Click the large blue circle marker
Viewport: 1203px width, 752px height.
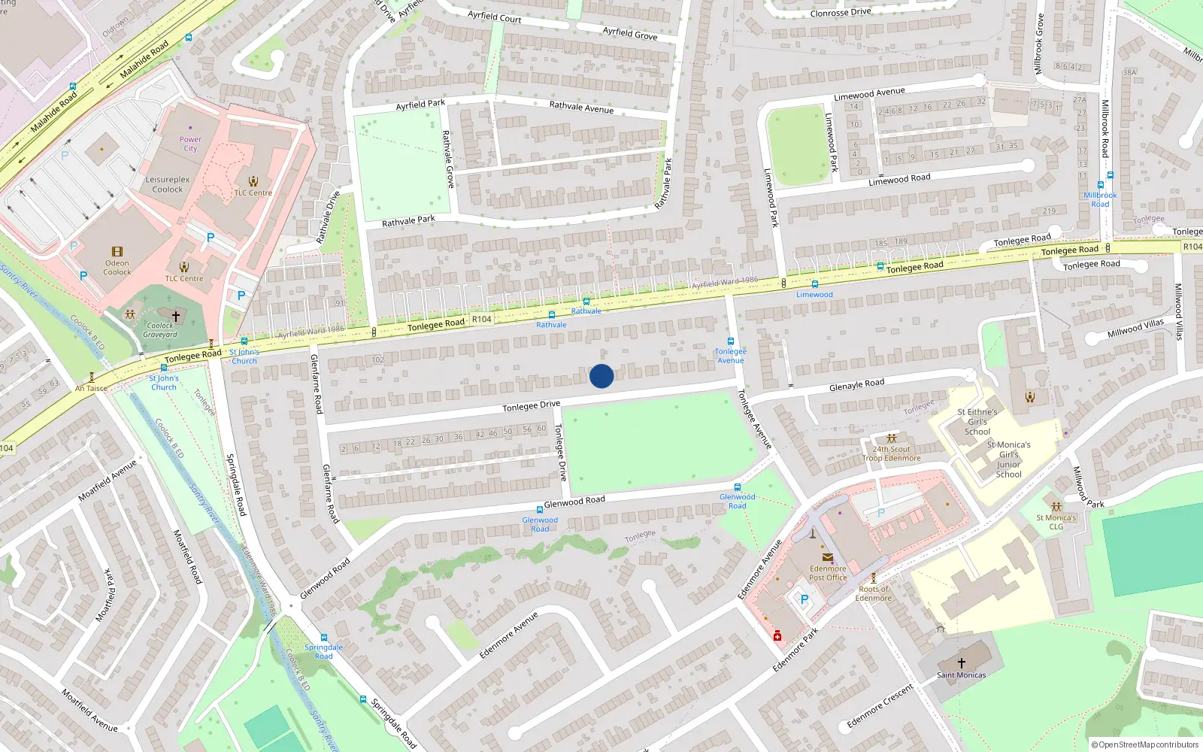601,376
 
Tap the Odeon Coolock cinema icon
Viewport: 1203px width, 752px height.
117,252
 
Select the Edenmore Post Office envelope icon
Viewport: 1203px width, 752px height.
828,558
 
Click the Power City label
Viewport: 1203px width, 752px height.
190,144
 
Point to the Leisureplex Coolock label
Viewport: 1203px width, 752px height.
168,184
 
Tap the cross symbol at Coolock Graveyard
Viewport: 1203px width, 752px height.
176,317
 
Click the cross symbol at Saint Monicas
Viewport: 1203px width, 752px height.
961,663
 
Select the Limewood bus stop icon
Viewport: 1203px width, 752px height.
814,284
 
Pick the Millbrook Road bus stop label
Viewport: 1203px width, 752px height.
1100,199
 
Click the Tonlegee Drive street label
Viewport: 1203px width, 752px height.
531,406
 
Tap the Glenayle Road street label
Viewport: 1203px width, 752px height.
856,385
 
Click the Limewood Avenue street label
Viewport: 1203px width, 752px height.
869,94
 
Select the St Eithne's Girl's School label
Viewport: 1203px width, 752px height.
977,422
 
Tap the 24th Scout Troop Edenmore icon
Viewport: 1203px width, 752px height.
892,438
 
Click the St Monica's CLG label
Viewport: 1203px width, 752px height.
1056,522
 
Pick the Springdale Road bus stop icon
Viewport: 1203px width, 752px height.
324,638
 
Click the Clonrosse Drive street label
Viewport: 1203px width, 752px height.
841,13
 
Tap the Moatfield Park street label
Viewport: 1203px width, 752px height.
109,596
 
